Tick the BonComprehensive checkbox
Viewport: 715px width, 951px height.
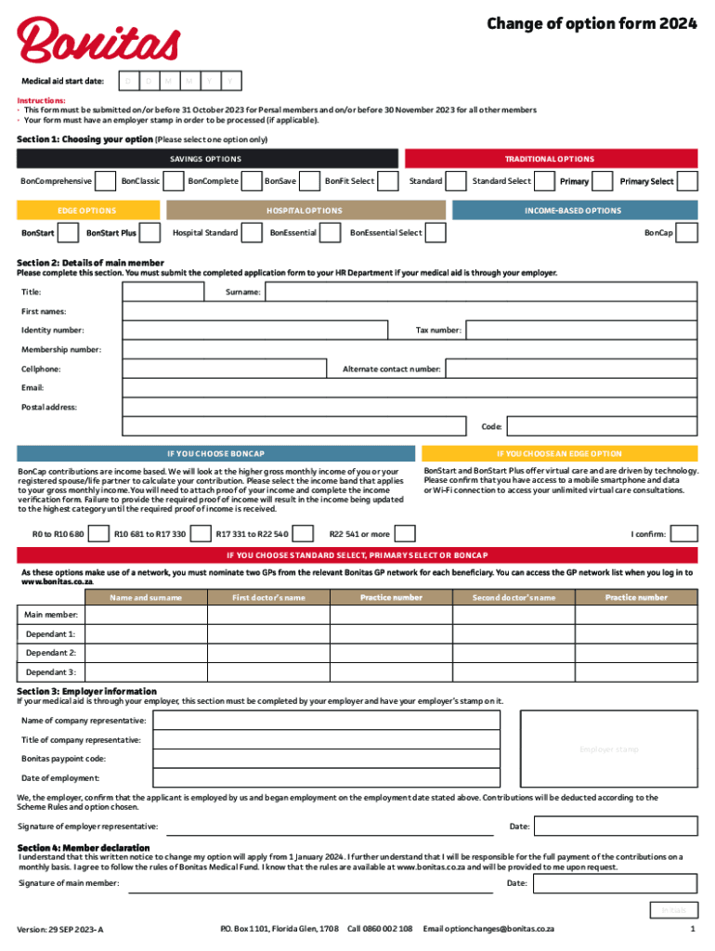(106, 181)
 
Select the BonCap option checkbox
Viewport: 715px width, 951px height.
(687, 232)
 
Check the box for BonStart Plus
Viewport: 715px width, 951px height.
(151, 232)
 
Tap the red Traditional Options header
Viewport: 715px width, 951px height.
(550, 159)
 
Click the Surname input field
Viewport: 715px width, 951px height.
(480, 293)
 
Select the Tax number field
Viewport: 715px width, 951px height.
(580, 331)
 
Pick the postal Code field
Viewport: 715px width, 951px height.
(602, 427)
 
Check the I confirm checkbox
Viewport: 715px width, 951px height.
(684, 534)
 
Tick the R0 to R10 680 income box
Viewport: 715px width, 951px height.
(97, 534)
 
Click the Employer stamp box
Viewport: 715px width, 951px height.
(608, 749)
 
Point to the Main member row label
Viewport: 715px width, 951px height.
(51, 615)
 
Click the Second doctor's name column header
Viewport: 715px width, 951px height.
(513, 597)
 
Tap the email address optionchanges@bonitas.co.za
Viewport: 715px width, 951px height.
(488, 929)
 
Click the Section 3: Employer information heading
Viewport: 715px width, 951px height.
(87, 691)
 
